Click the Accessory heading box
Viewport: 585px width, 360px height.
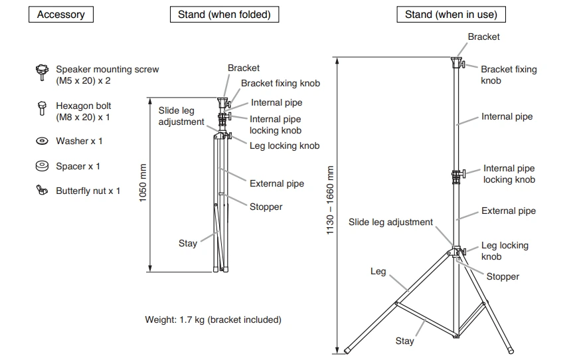tap(60, 14)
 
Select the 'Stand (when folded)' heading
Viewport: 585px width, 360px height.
tap(224, 14)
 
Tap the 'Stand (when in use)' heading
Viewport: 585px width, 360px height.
tap(451, 14)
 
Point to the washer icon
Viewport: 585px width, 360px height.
tap(42, 141)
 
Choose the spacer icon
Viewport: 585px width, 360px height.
tap(42, 166)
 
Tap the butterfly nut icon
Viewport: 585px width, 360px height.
tap(42, 191)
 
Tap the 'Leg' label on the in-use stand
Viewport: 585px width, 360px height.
tap(378, 271)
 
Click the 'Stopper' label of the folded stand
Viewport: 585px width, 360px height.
tap(266, 207)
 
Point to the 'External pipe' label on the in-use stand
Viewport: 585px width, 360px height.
tap(508, 211)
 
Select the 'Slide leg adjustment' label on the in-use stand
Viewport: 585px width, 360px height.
tap(390, 222)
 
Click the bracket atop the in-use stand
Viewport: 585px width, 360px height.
tap(456, 62)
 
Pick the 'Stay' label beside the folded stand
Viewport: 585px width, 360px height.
tap(188, 243)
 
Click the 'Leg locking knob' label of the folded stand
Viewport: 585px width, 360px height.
tap(284, 145)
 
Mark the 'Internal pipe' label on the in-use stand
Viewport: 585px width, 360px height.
tap(507, 116)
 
